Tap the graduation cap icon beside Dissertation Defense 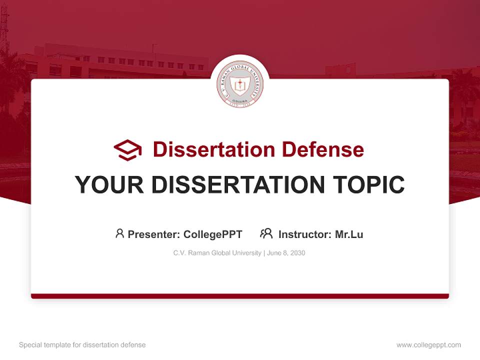[x=127, y=149]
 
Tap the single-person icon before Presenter [x=119, y=233]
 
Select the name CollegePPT [x=213, y=234]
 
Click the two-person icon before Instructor [x=266, y=233]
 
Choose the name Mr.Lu [x=349, y=234]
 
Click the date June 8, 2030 [x=286, y=253]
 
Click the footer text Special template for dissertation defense [x=82, y=345]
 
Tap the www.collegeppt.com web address [x=428, y=345]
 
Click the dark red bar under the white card [x=240, y=296]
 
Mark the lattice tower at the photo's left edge [x=4, y=30]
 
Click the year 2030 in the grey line [x=297, y=253]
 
